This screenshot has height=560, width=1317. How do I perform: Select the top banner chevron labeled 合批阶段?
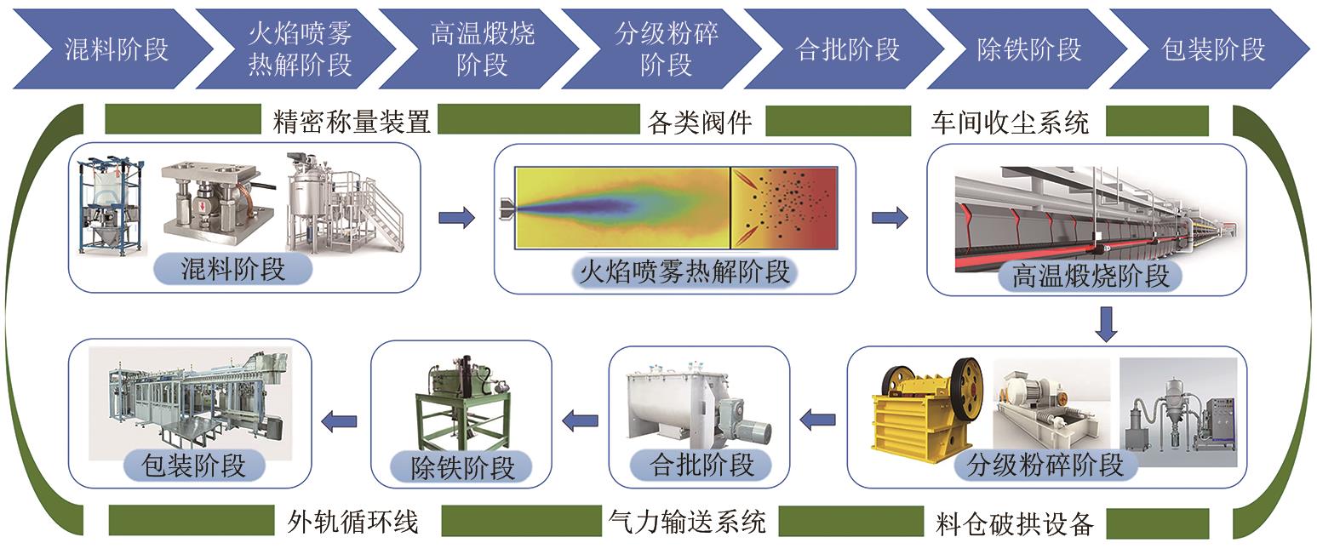coord(847,49)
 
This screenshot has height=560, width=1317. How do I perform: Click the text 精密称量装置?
coord(352,123)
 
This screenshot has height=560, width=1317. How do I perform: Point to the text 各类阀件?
coord(699,123)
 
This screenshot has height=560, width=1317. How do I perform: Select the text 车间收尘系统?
coord(1011,123)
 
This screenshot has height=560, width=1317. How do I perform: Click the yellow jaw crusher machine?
coord(926,409)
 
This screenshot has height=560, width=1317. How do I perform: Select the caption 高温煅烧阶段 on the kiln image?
coord(1091,275)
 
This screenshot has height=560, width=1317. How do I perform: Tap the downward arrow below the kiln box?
coord(1106,324)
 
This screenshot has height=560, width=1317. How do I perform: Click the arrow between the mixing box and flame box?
coord(456,218)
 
